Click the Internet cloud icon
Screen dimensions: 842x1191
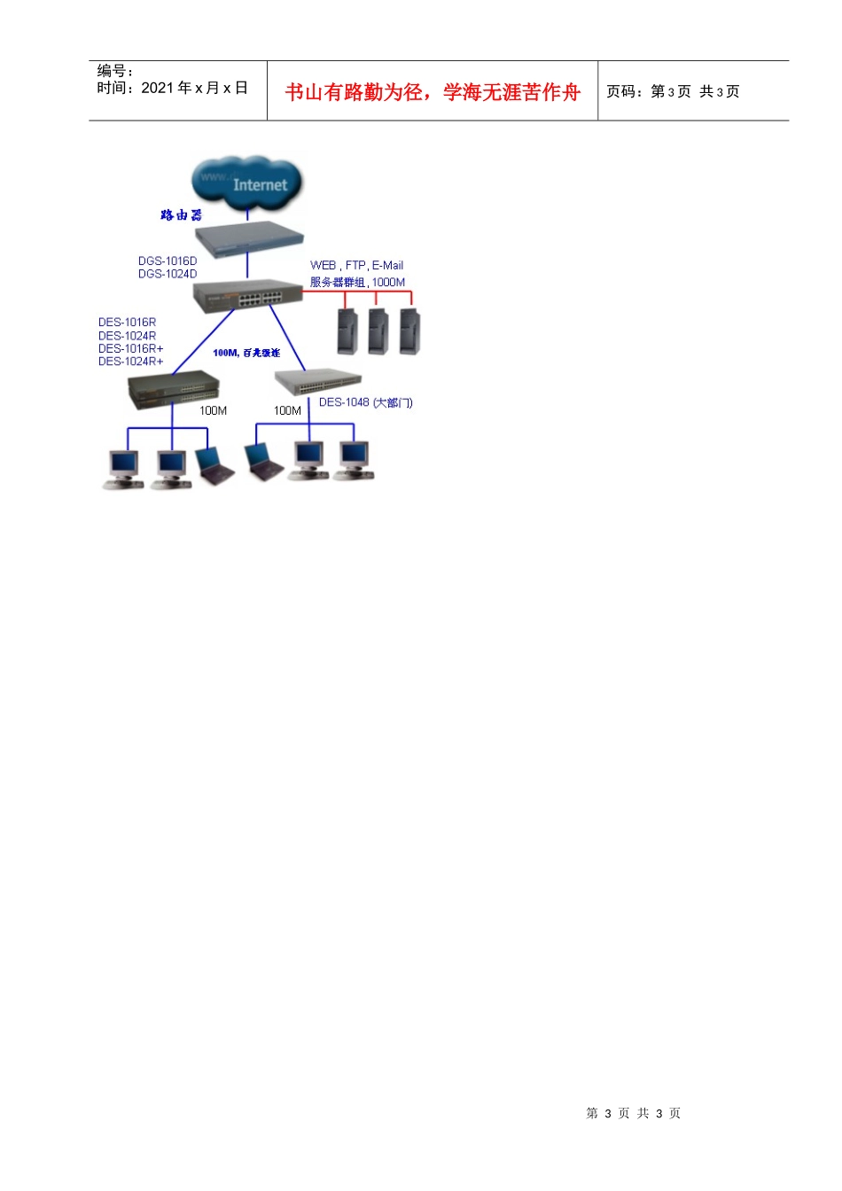[x=247, y=183]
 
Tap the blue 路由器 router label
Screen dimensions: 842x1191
[x=181, y=215]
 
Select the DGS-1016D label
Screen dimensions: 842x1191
[x=168, y=261]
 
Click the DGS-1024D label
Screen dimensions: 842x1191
[x=168, y=274]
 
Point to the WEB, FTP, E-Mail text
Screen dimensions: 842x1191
[x=356, y=265]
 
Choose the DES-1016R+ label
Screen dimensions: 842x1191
[x=131, y=348]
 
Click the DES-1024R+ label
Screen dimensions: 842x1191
[x=131, y=362]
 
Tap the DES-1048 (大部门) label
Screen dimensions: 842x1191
[x=365, y=402]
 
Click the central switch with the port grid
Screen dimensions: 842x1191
[x=248, y=294]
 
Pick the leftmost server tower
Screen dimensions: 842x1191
[x=347, y=331]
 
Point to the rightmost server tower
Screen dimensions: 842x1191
[x=409, y=331]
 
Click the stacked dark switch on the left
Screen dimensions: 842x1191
[x=174, y=390]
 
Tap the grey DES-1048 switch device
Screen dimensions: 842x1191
[x=317, y=382]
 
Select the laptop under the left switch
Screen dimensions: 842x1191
[x=214, y=466]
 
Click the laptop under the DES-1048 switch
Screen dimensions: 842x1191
[x=263, y=462]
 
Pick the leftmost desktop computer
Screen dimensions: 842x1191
[x=122, y=469]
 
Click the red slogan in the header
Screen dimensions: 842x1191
[x=433, y=92]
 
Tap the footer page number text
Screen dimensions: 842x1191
[x=633, y=1113]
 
